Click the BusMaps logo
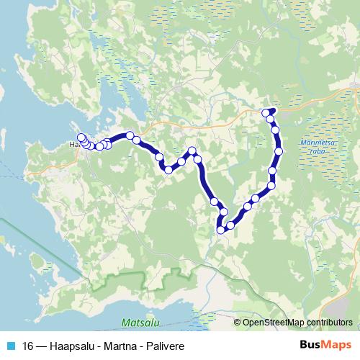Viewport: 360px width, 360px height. click(324, 346)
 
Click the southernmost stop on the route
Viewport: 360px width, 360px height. click(220, 230)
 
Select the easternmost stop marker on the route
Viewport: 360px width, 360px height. click(279, 150)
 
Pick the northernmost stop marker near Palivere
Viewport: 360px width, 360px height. click(266, 112)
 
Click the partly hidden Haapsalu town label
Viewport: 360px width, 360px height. click(73, 144)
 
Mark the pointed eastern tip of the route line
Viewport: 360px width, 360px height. click(276, 109)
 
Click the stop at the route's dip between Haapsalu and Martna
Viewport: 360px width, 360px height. click(168, 170)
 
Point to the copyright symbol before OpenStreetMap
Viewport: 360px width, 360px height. click(238, 322)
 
